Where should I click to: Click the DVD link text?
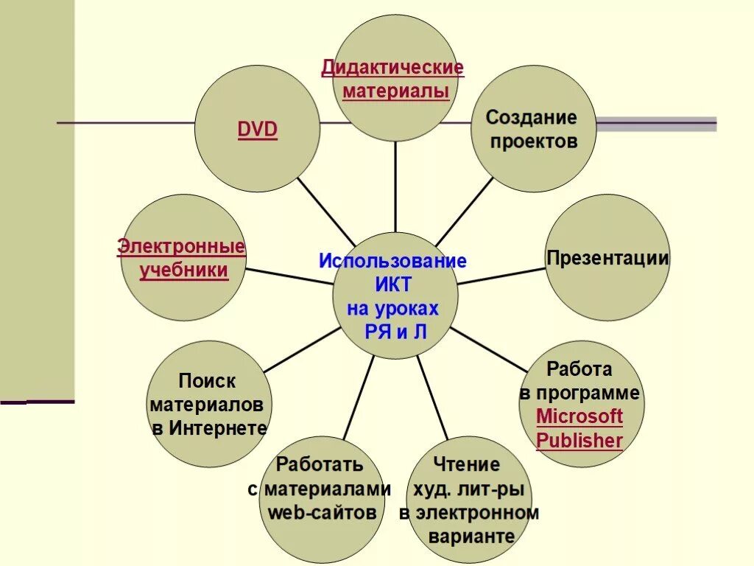coord(257,130)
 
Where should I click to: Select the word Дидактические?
coord(392,68)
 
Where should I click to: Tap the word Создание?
coord(530,117)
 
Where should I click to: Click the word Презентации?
coord(607,258)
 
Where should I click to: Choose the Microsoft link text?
coord(579,416)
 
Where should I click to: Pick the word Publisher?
coord(579,441)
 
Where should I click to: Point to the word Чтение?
coord(467,464)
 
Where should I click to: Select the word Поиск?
coord(207,381)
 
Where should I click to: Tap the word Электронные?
coord(181,246)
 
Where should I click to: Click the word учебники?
coord(183,270)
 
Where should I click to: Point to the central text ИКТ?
coord(393,285)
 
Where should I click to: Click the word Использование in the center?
coord(392,261)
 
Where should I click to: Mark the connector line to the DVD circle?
coord(324,212)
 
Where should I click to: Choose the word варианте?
coord(471,537)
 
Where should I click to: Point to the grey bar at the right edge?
coord(655,123)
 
